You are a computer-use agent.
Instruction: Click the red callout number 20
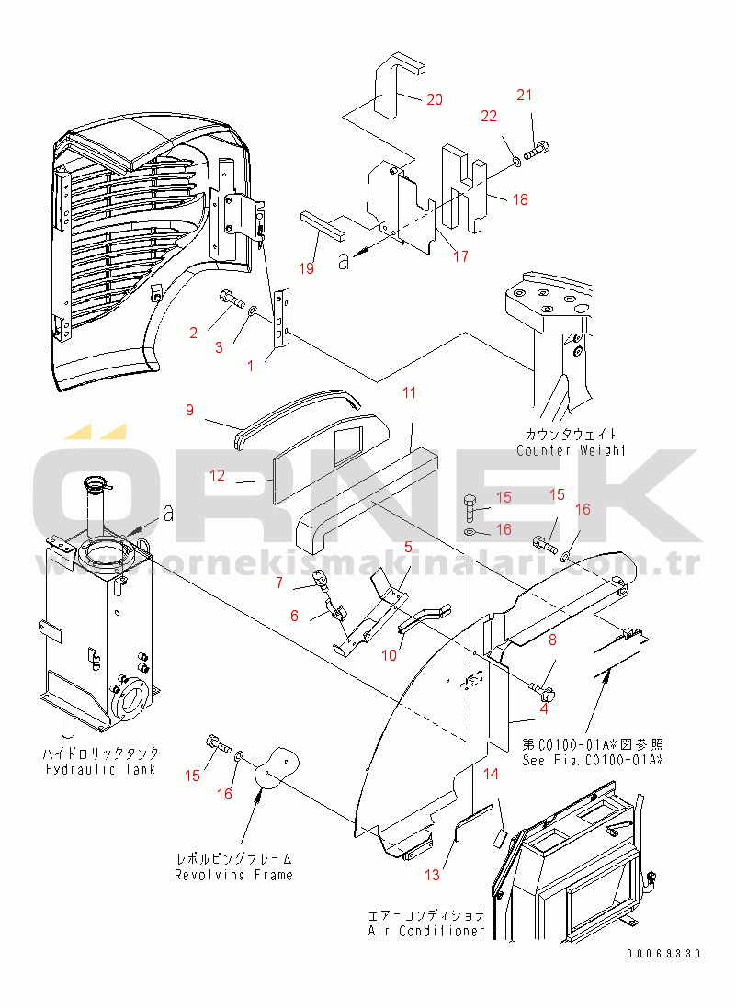pyautogui.click(x=435, y=99)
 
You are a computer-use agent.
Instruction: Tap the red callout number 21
pyautogui.click(x=525, y=96)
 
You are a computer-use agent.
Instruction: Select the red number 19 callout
pyautogui.click(x=307, y=268)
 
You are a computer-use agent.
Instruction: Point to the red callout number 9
pyautogui.click(x=189, y=410)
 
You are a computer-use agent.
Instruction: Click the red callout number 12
pyautogui.click(x=217, y=475)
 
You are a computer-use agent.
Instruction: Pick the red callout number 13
pyautogui.click(x=432, y=875)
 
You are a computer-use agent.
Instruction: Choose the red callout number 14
pyautogui.click(x=491, y=774)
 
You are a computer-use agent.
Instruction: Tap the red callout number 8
pyautogui.click(x=552, y=640)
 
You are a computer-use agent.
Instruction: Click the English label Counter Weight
pyautogui.click(x=571, y=450)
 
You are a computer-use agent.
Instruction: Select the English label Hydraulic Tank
pyautogui.click(x=101, y=769)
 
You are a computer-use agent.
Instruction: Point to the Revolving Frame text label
pyautogui.click(x=233, y=874)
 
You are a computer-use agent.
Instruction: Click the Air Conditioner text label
pyautogui.click(x=426, y=930)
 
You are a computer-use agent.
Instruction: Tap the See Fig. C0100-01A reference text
pyautogui.click(x=593, y=760)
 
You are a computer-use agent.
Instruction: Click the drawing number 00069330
pyautogui.click(x=663, y=954)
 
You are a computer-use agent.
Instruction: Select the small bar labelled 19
pyautogui.click(x=323, y=224)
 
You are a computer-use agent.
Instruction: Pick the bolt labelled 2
pyautogui.click(x=232, y=298)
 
